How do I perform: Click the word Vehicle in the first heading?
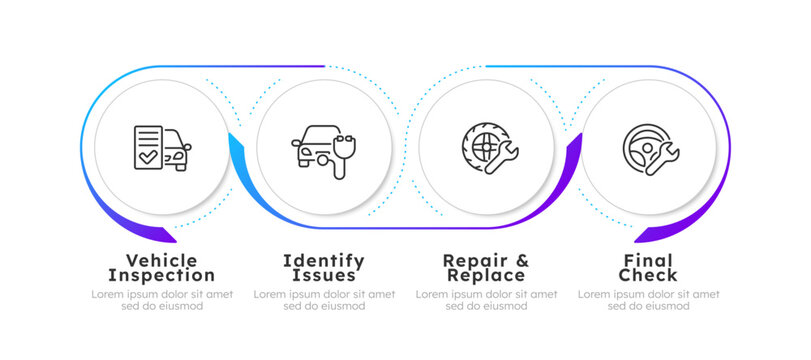(161, 260)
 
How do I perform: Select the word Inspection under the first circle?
(161, 275)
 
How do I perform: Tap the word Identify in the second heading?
(323, 260)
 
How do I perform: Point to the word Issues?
(323, 275)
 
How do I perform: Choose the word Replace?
(485, 275)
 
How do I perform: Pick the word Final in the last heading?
(648, 260)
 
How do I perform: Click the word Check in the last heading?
(648, 275)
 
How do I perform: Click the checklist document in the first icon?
(147, 146)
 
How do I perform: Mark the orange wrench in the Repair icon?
(500, 156)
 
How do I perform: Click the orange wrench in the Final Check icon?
(663, 157)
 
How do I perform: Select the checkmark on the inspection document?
(147, 157)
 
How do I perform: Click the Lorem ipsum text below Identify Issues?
(324, 300)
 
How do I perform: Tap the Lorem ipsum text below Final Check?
(648, 300)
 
